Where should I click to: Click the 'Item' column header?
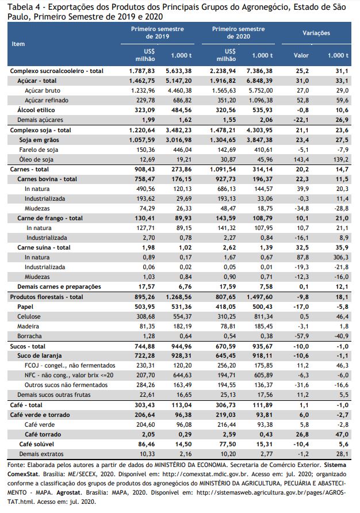pyautogui.click(x=18, y=44)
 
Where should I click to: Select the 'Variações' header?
pyautogui.click(x=316, y=33)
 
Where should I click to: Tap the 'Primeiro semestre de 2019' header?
pyautogui.click(x=158, y=33)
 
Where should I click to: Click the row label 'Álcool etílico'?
pyautogui.click(x=36, y=110)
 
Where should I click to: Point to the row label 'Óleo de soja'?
pyautogui.click(x=36, y=159)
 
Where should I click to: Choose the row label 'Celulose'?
pyautogui.click(x=29, y=316)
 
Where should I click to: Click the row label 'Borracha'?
pyautogui.click(x=29, y=336)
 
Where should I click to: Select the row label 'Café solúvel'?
pyautogui.click(x=37, y=444)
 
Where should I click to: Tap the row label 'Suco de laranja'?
pyautogui.click(x=40, y=355)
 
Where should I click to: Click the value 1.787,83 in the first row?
pyautogui.click(x=142, y=71)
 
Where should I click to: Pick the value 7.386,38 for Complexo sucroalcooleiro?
pyautogui.click(x=259, y=71)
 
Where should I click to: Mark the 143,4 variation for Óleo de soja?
pyautogui.click(x=301, y=159)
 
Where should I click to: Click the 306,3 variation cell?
pyautogui.click(x=341, y=257)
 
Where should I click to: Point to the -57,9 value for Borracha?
pyautogui.click(x=301, y=336)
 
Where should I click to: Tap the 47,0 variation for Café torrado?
pyautogui.click(x=342, y=434)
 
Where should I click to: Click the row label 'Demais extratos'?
pyautogui.click(x=41, y=454)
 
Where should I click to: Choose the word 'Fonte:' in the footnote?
pyautogui.click(x=16, y=465)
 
